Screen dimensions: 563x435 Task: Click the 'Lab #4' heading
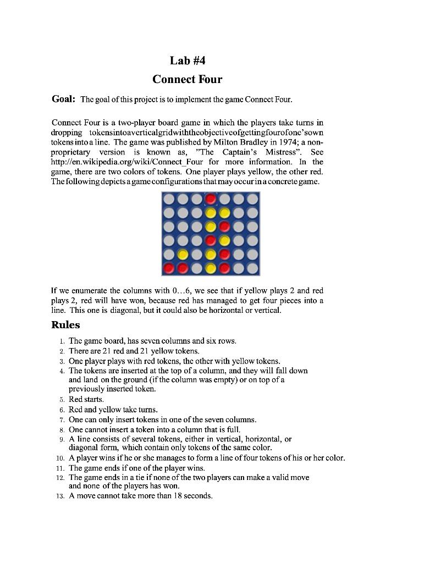(187, 60)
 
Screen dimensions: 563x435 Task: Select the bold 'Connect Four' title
(187, 79)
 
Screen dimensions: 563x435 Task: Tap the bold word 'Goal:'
(63, 99)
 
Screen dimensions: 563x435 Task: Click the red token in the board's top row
(211, 198)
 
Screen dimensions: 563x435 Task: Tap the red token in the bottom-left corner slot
(169, 268)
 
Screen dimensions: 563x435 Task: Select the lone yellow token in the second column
(183, 255)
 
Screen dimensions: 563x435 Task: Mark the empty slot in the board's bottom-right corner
(252, 268)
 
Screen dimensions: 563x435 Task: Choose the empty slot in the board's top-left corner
(169, 198)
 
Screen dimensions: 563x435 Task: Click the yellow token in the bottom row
(211, 268)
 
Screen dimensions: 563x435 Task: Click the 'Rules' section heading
(65, 325)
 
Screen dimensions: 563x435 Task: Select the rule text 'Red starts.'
(86, 399)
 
